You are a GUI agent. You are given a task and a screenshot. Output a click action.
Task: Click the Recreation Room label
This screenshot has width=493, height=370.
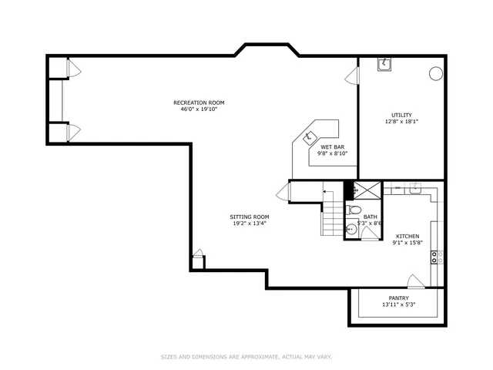click(199, 103)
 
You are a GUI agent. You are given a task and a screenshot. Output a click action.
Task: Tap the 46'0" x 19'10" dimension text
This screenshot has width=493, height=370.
click(199, 109)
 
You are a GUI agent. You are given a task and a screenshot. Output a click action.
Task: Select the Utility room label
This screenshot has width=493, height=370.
click(401, 115)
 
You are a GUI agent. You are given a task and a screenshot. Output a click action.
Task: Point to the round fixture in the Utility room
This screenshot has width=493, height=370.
click(434, 74)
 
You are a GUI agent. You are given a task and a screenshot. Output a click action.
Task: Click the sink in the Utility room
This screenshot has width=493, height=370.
click(384, 65)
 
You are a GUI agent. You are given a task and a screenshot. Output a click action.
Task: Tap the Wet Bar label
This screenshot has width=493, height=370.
click(333, 146)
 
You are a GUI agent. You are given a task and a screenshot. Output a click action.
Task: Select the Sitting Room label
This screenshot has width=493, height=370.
click(250, 217)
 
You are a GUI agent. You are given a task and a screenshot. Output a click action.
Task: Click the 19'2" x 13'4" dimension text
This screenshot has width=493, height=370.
click(250, 224)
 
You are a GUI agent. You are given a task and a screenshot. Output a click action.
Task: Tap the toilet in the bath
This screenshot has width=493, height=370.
click(354, 210)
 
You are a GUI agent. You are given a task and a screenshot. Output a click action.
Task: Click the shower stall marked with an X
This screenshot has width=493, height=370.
click(367, 190)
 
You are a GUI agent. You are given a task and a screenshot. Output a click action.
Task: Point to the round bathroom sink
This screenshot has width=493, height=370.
click(350, 229)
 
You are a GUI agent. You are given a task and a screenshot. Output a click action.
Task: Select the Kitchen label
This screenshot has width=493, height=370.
click(407, 236)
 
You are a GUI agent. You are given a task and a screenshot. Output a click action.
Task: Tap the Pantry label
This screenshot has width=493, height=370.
click(398, 298)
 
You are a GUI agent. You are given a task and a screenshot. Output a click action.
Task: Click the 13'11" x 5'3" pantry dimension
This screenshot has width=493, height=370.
click(398, 305)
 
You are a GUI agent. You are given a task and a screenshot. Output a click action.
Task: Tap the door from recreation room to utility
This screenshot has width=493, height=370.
click(353, 76)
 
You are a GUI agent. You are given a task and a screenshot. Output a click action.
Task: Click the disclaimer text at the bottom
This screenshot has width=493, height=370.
click(246, 357)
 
